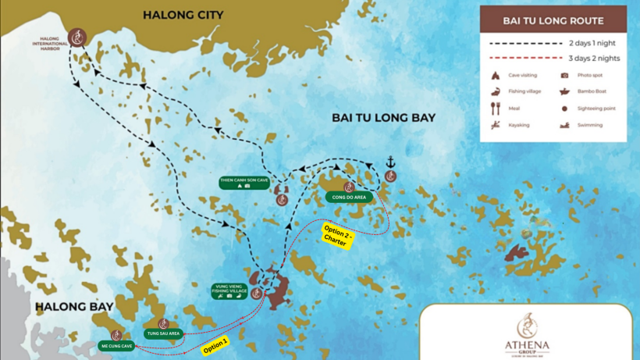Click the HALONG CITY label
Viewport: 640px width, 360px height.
[x=183, y=15]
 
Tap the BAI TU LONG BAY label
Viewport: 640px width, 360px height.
[x=383, y=118]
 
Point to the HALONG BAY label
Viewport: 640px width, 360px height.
[x=75, y=307]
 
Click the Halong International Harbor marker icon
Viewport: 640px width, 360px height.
[x=76, y=37]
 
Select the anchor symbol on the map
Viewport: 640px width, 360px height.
[x=391, y=162]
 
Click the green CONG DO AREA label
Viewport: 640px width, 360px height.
[x=349, y=198]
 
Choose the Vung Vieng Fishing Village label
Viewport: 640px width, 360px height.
[x=229, y=290]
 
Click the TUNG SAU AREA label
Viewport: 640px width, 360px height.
[x=163, y=333]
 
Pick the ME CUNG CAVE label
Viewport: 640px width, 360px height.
[x=116, y=346]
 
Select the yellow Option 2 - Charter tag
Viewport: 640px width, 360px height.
[x=339, y=237]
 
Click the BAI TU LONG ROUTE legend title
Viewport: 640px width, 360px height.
[x=553, y=20]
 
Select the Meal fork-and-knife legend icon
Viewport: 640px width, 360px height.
[x=495, y=109]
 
